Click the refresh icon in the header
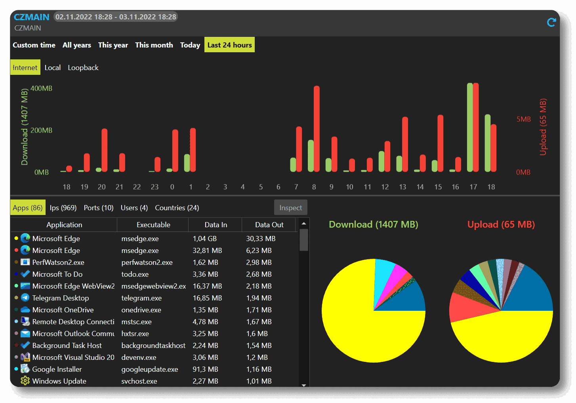click(551, 23)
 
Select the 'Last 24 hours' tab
click(229, 45)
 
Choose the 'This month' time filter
click(154, 45)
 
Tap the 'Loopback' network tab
click(83, 68)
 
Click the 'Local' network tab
click(52, 68)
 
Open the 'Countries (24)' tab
click(177, 208)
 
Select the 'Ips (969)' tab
click(63, 208)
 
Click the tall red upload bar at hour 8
click(317, 129)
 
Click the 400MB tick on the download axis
click(41, 88)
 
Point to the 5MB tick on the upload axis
click(523, 119)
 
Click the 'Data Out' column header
click(269, 225)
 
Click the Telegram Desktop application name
click(60, 298)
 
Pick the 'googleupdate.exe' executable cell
click(149, 369)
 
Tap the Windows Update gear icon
click(25, 381)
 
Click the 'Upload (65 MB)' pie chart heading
click(501, 224)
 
